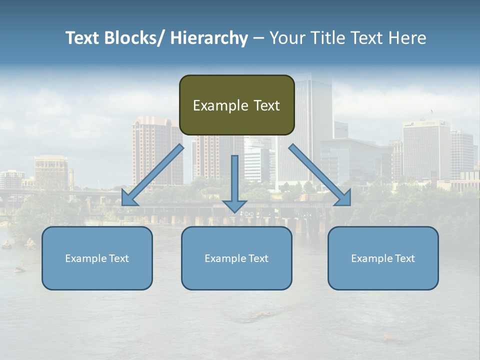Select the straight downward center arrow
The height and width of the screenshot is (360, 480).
234,180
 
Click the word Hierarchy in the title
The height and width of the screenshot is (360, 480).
209,38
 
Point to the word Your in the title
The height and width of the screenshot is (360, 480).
286,38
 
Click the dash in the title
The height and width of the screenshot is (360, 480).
258,38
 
